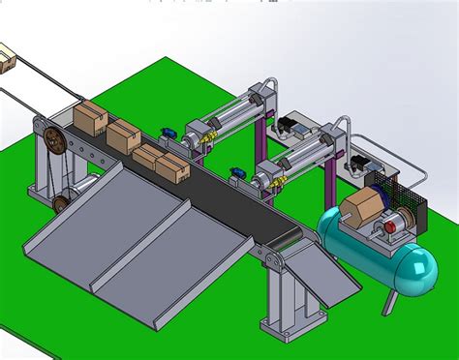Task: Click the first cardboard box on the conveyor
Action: [89, 118]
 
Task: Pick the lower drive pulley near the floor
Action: [60, 203]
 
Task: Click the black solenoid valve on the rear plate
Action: [290, 127]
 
